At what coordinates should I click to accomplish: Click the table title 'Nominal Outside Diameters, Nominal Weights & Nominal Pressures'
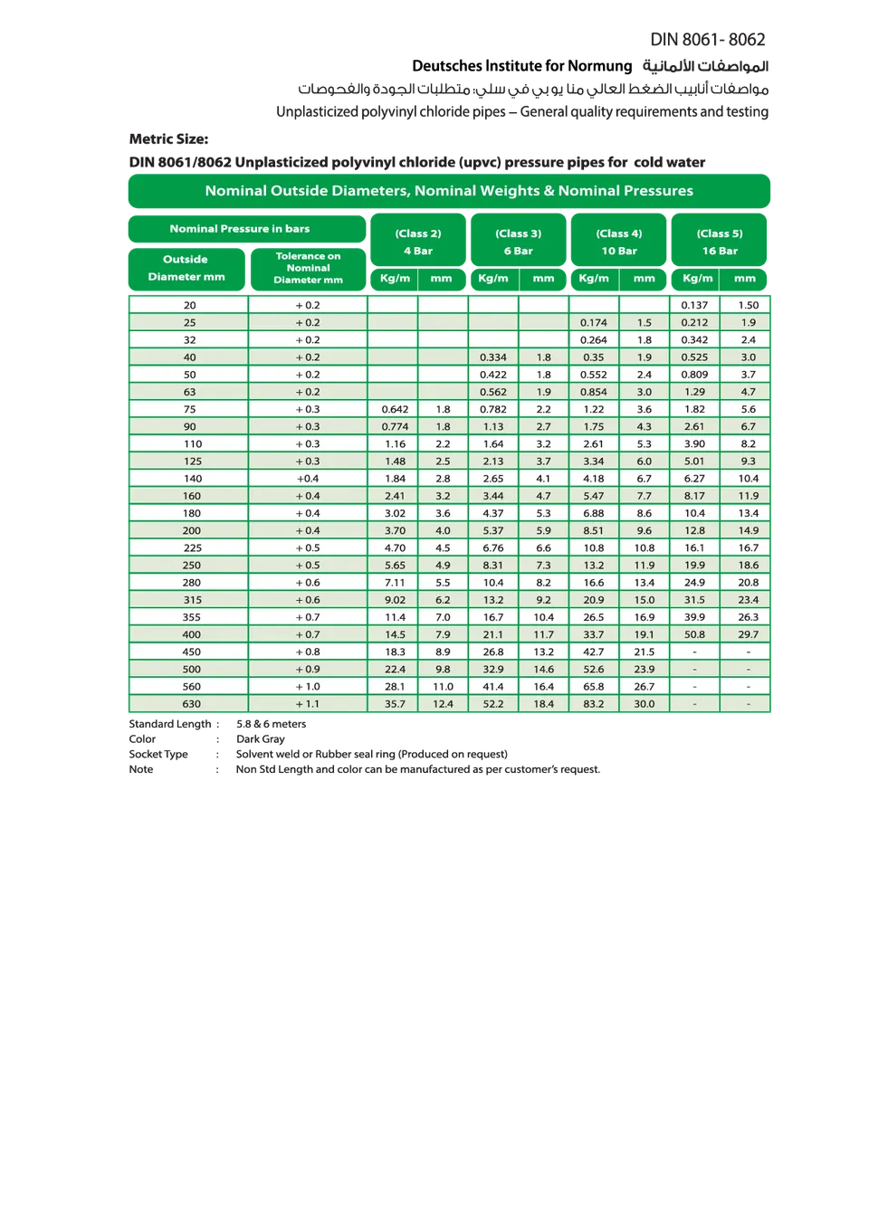coord(449,191)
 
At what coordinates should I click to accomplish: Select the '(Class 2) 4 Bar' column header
coord(418,242)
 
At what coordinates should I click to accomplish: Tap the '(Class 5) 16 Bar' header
coord(720,242)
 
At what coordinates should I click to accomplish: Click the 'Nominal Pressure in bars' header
coord(240,229)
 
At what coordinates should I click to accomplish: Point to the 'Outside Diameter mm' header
coord(186,268)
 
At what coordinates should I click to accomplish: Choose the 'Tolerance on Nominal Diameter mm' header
coord(308,268)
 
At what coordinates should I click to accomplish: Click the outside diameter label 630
coord(191,704)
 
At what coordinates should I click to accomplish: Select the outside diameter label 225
coord(191,548)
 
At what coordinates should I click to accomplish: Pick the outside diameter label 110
coord(191,444)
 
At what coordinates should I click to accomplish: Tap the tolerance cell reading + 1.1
coord(308,704)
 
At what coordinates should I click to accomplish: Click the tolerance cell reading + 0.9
coord(308,670)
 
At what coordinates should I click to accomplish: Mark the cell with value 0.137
coord(694,306)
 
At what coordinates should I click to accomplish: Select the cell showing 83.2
coord(594,704)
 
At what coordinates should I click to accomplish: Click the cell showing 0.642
coord(395,410)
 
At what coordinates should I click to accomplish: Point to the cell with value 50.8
coord(694,635)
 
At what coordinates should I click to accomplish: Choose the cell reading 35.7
coord(395,704)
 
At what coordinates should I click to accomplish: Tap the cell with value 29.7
coord(748,635)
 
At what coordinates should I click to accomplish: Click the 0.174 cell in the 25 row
coord(594,323)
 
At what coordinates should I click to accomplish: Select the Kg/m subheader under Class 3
coord(493,279)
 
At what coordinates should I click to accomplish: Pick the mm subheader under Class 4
coord(644,279)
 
